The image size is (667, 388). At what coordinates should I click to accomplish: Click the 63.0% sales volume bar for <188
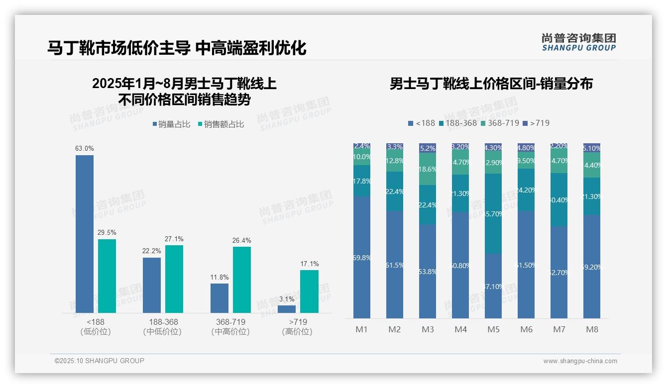tap(85, 234)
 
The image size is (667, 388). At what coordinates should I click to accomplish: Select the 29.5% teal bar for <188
tap(107, 276)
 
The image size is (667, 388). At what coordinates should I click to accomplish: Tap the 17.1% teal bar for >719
tap(309, 291)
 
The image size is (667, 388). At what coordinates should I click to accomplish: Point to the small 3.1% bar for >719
tap(287, 309)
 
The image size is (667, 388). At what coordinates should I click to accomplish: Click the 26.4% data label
tap(241, 240)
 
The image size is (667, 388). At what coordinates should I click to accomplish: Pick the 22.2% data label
tap(151, 251)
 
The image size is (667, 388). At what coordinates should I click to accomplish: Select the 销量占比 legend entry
tap(171, 124)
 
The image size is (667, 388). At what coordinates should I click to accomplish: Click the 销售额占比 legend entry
tap(221, 124)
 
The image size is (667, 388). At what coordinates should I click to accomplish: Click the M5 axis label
tap(493, 329)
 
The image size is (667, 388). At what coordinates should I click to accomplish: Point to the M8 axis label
tap(592, 329)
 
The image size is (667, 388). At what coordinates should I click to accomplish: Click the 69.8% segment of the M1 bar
tap(362, 257)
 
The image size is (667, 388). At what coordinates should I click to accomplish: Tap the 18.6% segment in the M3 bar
tap(428, 169)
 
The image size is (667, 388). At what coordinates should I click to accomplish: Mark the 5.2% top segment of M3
tap(428, 148)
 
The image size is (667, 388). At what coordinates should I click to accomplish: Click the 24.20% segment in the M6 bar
tap(526, 190)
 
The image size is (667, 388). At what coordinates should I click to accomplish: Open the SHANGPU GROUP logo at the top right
tap(578, 42)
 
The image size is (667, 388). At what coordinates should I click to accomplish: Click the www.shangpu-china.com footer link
tap(580, 361)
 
